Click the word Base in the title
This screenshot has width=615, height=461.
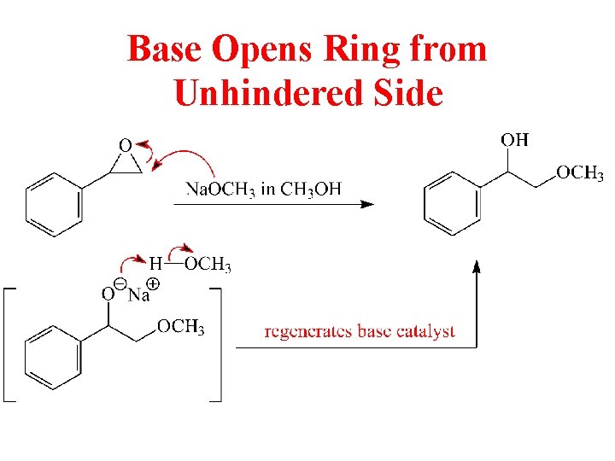click(x=163, y=50)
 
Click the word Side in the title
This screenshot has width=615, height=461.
click(x=407, y=93)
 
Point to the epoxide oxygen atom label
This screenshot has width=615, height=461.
click(x=125, y=146)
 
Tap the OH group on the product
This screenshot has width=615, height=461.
click(x=514, y=139)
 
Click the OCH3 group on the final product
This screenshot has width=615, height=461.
click(x=580, y=173)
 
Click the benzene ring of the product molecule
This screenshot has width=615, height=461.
click(x=454, y=203)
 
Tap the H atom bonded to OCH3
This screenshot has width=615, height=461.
click(x=156, y=264)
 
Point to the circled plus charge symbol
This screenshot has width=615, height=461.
click(x=155, y=283)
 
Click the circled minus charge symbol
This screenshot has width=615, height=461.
click(x=120, y=283)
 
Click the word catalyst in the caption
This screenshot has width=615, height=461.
click(x=426, y=332)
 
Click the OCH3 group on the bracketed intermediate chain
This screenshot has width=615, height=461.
click(x=180, y=327)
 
